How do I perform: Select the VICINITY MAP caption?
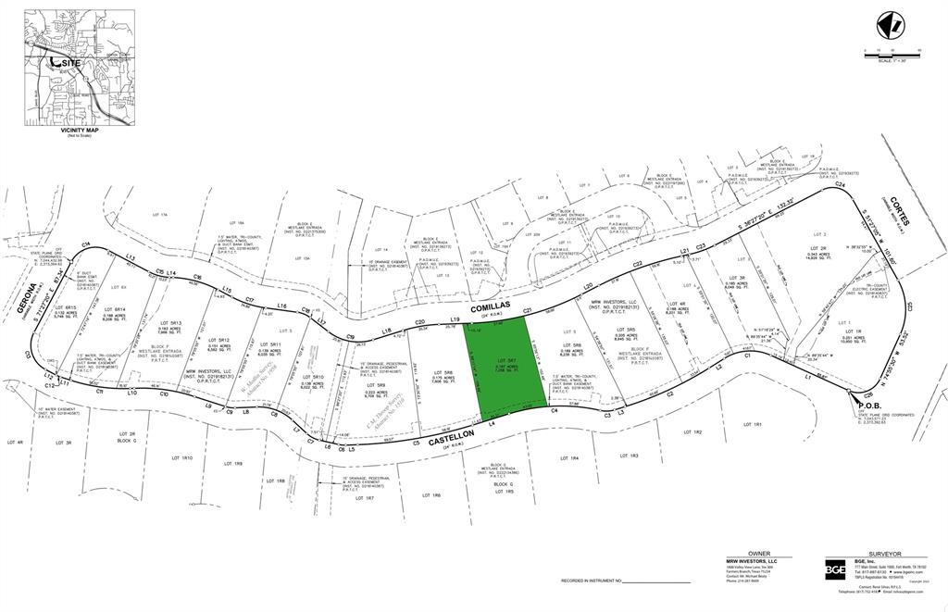pyautogui.click(x=79, y=131)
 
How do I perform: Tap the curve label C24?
pyautogui.click(x=841, y=186)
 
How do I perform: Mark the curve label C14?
pyautogui.click(x=86, y=244)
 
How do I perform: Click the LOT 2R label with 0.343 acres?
pyautogui.click(x=817, y=249)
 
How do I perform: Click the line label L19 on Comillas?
pyautogui.click(x=455, y=319)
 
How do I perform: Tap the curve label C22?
pyautogui.click(x=638, y=265)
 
